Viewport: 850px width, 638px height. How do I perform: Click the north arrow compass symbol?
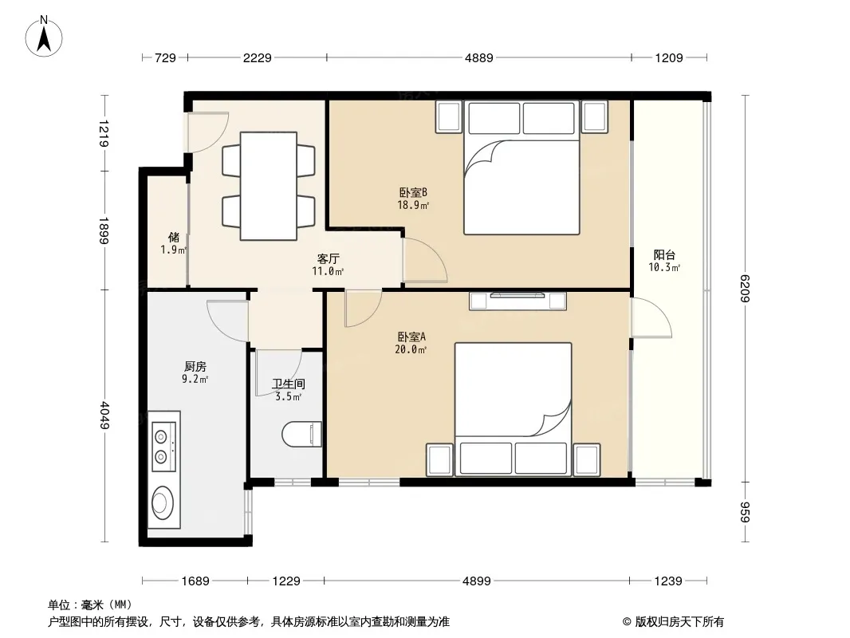tap(44, 36)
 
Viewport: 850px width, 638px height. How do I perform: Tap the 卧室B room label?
tap(413, 192)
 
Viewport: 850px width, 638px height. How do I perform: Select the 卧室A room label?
tap(411, 337)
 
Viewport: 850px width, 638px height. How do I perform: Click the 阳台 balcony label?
tap(664, 254)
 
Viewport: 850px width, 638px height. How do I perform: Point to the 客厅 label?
tap(328, 258)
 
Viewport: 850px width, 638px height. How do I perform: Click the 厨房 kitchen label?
tap(195, 366)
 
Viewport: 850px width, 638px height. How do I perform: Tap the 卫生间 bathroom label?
tap(289, 384)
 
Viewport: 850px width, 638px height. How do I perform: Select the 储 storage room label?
tap(174, 237)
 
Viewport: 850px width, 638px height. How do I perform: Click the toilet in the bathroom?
tap(302, 434)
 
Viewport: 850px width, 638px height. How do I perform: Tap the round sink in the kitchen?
tap(163, 500)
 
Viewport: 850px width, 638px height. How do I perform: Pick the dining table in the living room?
tap(269, 186)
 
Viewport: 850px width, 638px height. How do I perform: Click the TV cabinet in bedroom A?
tap(517, 301)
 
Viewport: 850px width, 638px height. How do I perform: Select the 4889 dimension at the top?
tap(479, 57)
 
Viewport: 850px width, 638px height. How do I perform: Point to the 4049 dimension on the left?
tap(105, 415)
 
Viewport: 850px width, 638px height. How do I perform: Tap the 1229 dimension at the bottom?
tap(286, 581)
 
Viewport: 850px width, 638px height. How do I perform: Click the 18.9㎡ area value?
tap(413, 206)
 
